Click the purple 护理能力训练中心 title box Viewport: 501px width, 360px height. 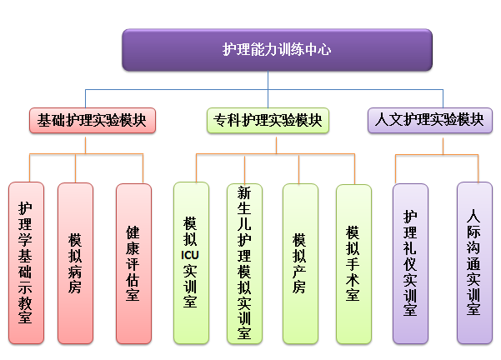pos(277,50)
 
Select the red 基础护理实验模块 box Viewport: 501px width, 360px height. pos(93,121)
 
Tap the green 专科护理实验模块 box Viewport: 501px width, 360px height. pos(268,121)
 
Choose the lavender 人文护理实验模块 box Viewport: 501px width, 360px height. pos(430,121)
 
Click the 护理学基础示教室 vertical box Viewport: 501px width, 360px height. pos(26,262)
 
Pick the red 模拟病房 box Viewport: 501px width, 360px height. pos(75,263)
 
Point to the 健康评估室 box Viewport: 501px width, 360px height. pos(133,263)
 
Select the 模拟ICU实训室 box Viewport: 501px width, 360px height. pos(191,262)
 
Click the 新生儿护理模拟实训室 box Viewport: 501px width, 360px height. pos(244,263)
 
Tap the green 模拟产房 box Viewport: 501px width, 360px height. pos(300,263)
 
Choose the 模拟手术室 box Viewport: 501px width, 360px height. pos(353,264)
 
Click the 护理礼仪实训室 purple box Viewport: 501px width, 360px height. pos(410,263)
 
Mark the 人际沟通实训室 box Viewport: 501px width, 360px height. pos(474,262)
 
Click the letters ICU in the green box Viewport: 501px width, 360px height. pos(190,255)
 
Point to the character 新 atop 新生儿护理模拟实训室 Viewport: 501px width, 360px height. pos(244,193)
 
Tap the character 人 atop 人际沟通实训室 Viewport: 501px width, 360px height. pos(473,216)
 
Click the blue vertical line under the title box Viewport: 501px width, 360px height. pos(268,89)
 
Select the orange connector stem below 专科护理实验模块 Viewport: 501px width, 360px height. pos(277,146)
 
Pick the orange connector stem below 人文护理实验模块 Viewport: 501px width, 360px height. pos(443,147)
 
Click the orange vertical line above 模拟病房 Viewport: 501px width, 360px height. pos(75,168)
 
